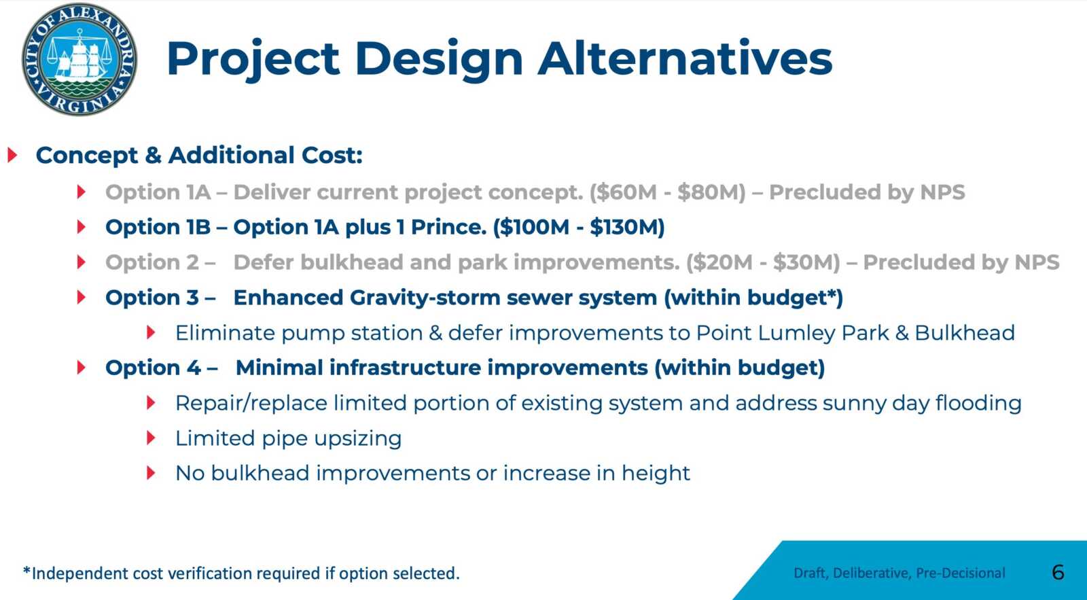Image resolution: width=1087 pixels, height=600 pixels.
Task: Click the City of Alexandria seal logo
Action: point(79,59)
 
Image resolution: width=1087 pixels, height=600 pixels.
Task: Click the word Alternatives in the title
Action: point(685,59)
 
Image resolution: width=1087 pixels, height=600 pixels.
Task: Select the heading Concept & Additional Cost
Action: point(199,156)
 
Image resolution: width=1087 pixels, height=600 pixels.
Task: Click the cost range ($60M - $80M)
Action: point(668,192)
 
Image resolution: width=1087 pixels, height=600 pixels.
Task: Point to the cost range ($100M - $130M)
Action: point(579,227)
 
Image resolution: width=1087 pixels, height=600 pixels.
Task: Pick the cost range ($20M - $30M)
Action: point(764,262)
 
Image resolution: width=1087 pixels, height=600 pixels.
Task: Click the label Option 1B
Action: point(158,227)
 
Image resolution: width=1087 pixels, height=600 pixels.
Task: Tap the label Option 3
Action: point(152,298)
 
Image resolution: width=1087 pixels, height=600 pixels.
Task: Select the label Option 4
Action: point(153,368)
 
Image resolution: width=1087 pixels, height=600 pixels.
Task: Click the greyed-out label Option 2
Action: point(152,262)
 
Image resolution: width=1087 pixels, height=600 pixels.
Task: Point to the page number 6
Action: point(1058,573)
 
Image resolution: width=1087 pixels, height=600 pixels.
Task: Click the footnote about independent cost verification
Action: point(241,573)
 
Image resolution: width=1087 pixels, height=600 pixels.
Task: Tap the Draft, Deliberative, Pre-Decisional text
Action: point(899,573)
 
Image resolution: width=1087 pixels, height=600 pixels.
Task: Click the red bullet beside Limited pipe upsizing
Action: point(151,438)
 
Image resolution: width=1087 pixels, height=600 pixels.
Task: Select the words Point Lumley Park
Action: point(792,334)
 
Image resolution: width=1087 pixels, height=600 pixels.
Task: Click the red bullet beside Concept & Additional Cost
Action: point(13,156)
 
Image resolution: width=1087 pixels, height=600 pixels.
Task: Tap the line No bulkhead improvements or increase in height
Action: point(432,474)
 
